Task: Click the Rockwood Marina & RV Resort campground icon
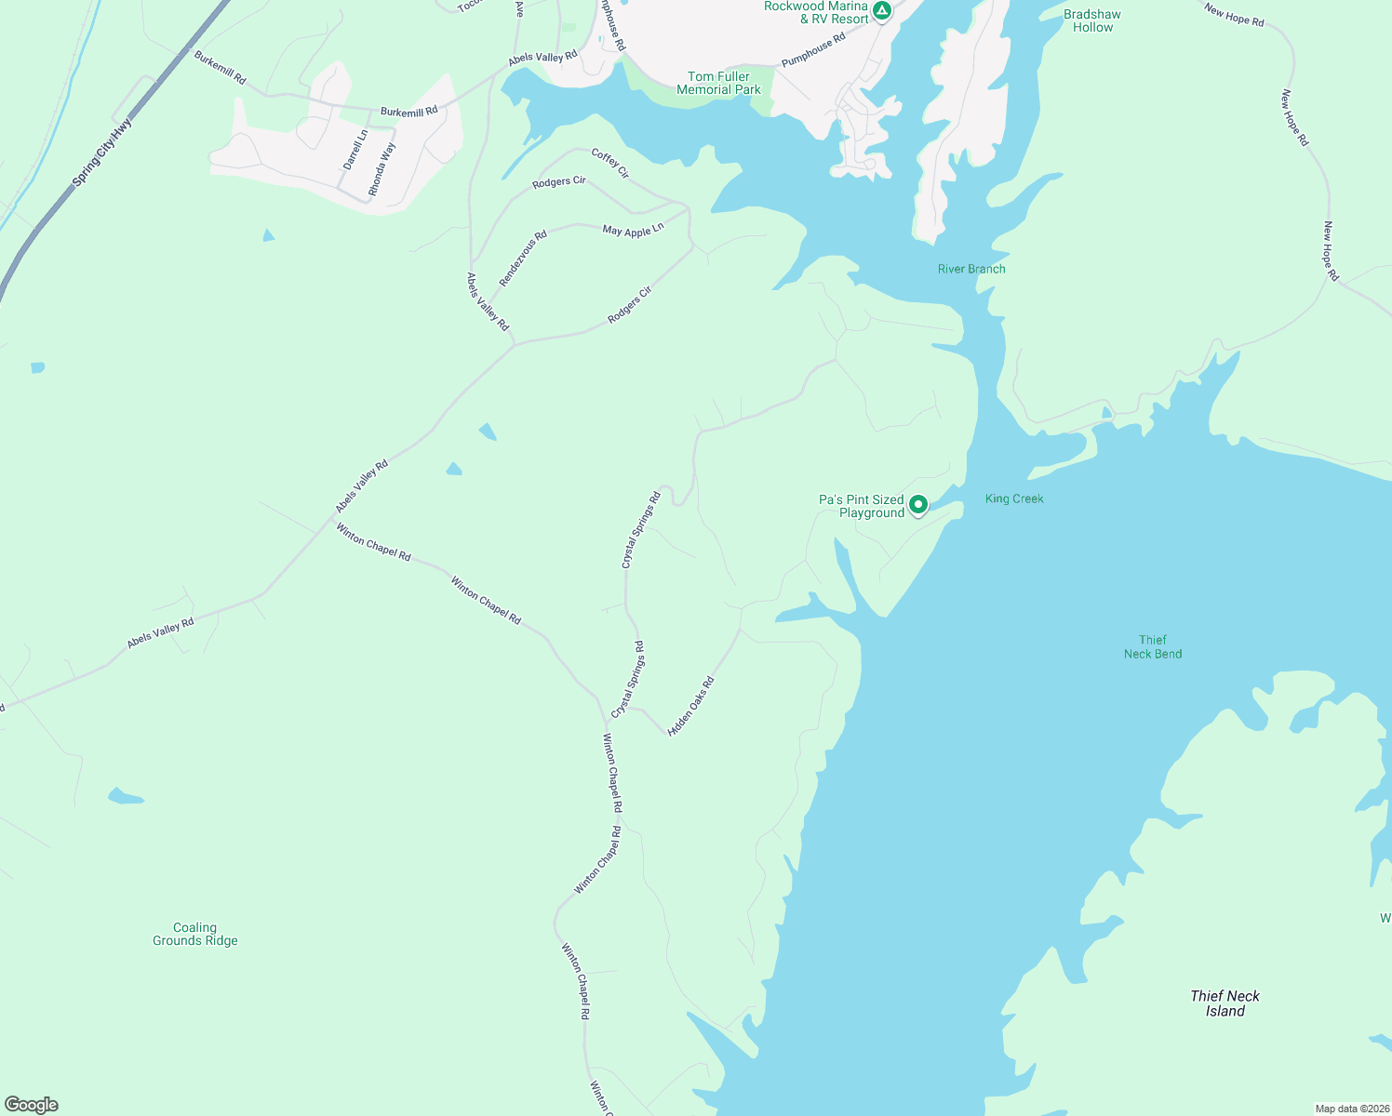pos(881,11)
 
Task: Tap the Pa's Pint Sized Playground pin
pos(917,505)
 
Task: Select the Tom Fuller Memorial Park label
pos(718,84)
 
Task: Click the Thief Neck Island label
pos(1225,1003)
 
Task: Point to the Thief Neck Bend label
pos(1152,646)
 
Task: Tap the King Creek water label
pos(1014,498)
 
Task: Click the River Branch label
pos(971,269)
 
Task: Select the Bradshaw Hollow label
pos(1092,20)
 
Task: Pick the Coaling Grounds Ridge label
pos(195,934)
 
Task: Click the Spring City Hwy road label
pos(102,152)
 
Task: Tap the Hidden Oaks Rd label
pos(690,706)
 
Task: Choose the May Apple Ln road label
pos(633,230)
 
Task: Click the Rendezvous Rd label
pos(523,259)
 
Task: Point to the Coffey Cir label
pos(610,164)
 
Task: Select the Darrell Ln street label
pos(355,149)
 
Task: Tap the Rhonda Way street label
pos(381,168)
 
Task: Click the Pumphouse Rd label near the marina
pos(813,50)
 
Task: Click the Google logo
pos(32,1105)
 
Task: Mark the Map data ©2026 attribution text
pos(1351,1109)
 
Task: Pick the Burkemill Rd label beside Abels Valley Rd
pos(408,112)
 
